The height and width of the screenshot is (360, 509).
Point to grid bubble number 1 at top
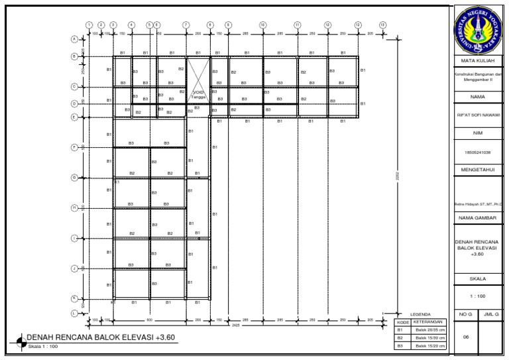(89, 25)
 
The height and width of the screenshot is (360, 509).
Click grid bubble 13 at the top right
(382, 25)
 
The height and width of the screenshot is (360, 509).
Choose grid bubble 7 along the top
(186, 25)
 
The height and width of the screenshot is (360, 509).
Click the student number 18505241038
(477, 152)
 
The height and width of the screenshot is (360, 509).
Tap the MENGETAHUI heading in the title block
(477, 170)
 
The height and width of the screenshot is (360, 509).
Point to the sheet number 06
(466, 337)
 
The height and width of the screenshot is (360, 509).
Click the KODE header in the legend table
(403, 322)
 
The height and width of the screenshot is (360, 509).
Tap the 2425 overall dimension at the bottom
(235, 325)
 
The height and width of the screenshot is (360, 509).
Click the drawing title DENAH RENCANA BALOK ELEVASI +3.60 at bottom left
(99, 337)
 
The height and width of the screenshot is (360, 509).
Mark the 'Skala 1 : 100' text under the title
(44, 346)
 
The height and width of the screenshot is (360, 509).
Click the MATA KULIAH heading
(477, 61)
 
